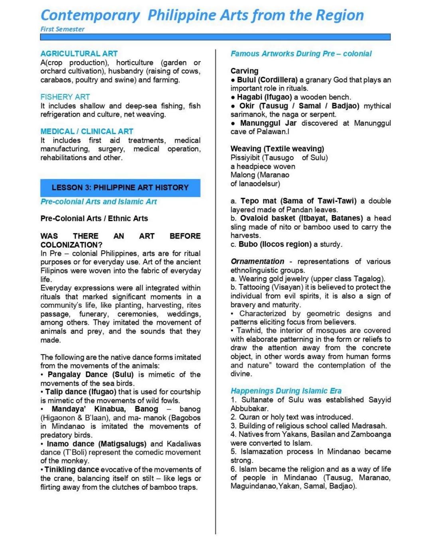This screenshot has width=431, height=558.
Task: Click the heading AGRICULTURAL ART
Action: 79,53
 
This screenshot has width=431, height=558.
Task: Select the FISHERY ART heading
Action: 65,97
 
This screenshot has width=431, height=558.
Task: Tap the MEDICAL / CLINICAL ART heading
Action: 87,131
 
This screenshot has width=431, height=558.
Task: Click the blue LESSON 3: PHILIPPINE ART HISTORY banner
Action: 120,188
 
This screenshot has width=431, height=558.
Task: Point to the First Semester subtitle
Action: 62,29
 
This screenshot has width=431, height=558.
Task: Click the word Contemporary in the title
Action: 90,15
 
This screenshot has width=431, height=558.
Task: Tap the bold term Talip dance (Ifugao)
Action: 81,392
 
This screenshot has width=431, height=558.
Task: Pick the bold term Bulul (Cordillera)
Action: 267,80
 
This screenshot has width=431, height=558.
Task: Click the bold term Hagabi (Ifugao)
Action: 264,97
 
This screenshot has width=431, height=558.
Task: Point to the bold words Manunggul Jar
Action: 268,123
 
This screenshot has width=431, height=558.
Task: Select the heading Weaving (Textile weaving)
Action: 277,149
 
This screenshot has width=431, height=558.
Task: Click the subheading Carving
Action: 244,71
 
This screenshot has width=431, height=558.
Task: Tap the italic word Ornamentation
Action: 257,261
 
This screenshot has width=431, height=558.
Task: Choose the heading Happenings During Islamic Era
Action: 286,391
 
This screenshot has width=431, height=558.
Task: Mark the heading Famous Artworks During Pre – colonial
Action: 301,53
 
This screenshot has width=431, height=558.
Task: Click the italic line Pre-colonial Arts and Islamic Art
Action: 99,202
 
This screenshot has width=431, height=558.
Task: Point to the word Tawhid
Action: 249,330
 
